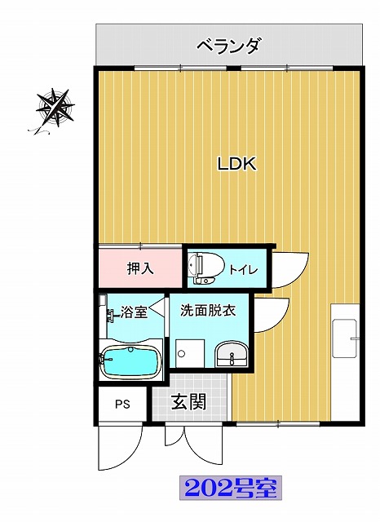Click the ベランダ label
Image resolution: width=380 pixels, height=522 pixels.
click(x=228, y=46)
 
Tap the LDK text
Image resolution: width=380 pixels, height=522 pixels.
click(x=236, y=164)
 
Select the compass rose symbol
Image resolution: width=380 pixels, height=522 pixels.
click(x=55, y=107)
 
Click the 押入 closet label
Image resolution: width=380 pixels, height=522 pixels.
click(x=141, y=268)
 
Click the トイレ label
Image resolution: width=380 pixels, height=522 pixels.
click(x=244, y=269)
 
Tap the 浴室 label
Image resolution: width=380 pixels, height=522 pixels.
click(x=134, y=312)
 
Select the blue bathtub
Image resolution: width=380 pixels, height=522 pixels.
click(x=130, y=362)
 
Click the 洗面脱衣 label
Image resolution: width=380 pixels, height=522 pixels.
click(x=209, y=310)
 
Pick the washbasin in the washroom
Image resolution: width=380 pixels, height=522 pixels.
click(x=232, y=355)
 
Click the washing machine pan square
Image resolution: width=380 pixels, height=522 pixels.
click(x=190, y=353)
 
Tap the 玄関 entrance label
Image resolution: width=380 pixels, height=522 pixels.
click(x=188, y=402)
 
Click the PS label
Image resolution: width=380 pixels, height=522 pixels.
click(x=122, y=405)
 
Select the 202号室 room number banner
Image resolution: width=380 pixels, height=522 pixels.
click(x=231, y=488)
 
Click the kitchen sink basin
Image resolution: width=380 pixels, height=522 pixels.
click(x=345, y=338)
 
